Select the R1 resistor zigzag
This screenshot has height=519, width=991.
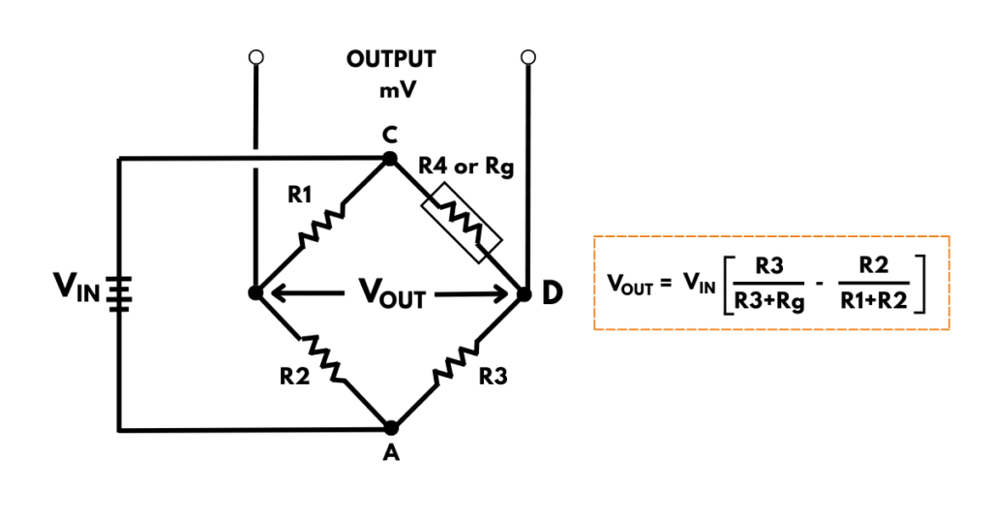point(322,227)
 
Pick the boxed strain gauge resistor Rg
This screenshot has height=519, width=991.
point(462,226)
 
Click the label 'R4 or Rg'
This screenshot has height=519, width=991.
point(465,167)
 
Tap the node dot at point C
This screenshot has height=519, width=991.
point(390,158)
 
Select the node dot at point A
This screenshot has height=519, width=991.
point(391,427)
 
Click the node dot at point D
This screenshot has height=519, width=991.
point(525,292)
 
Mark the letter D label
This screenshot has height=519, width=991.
point(553,292)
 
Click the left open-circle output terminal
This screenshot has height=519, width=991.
point(255,58)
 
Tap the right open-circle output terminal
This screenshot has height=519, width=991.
point(527,58)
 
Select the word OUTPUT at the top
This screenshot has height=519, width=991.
point(391,59)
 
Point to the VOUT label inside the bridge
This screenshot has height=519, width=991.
point(391,293)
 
